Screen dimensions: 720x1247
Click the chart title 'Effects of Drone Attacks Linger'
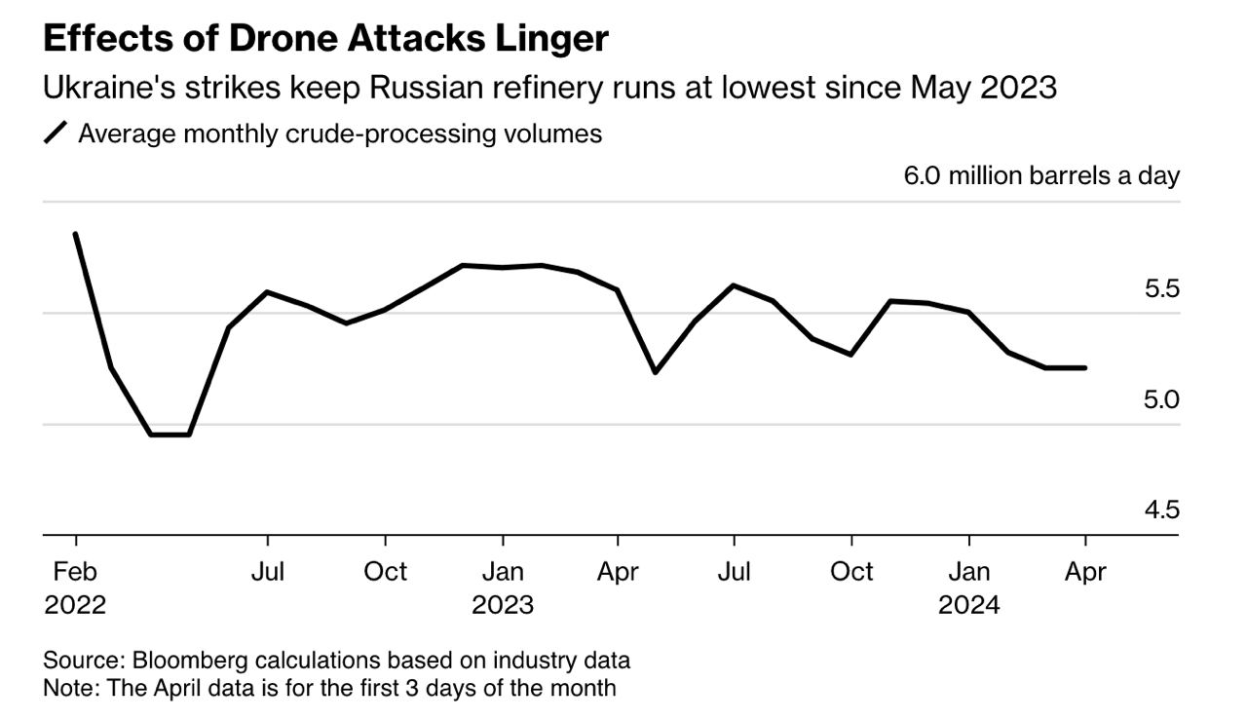pos(325,39)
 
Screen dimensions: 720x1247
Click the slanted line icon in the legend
pos(57,133)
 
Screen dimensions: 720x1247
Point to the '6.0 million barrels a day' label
pos(1041,176)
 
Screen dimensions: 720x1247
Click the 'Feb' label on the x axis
pos(75,572)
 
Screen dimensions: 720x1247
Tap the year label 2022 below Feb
pos(75,605)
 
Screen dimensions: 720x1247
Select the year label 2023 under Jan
pos(503,605)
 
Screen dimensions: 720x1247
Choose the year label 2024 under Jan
pos(968,605)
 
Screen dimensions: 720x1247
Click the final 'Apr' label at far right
pos(1085,572)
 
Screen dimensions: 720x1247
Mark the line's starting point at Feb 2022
pos(75,234)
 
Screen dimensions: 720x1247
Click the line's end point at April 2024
pos(1085,367)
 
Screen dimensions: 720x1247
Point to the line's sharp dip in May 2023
pos(655,372)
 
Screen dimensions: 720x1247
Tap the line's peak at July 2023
pos(734,285)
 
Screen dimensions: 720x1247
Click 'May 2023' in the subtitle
pos(984,88)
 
